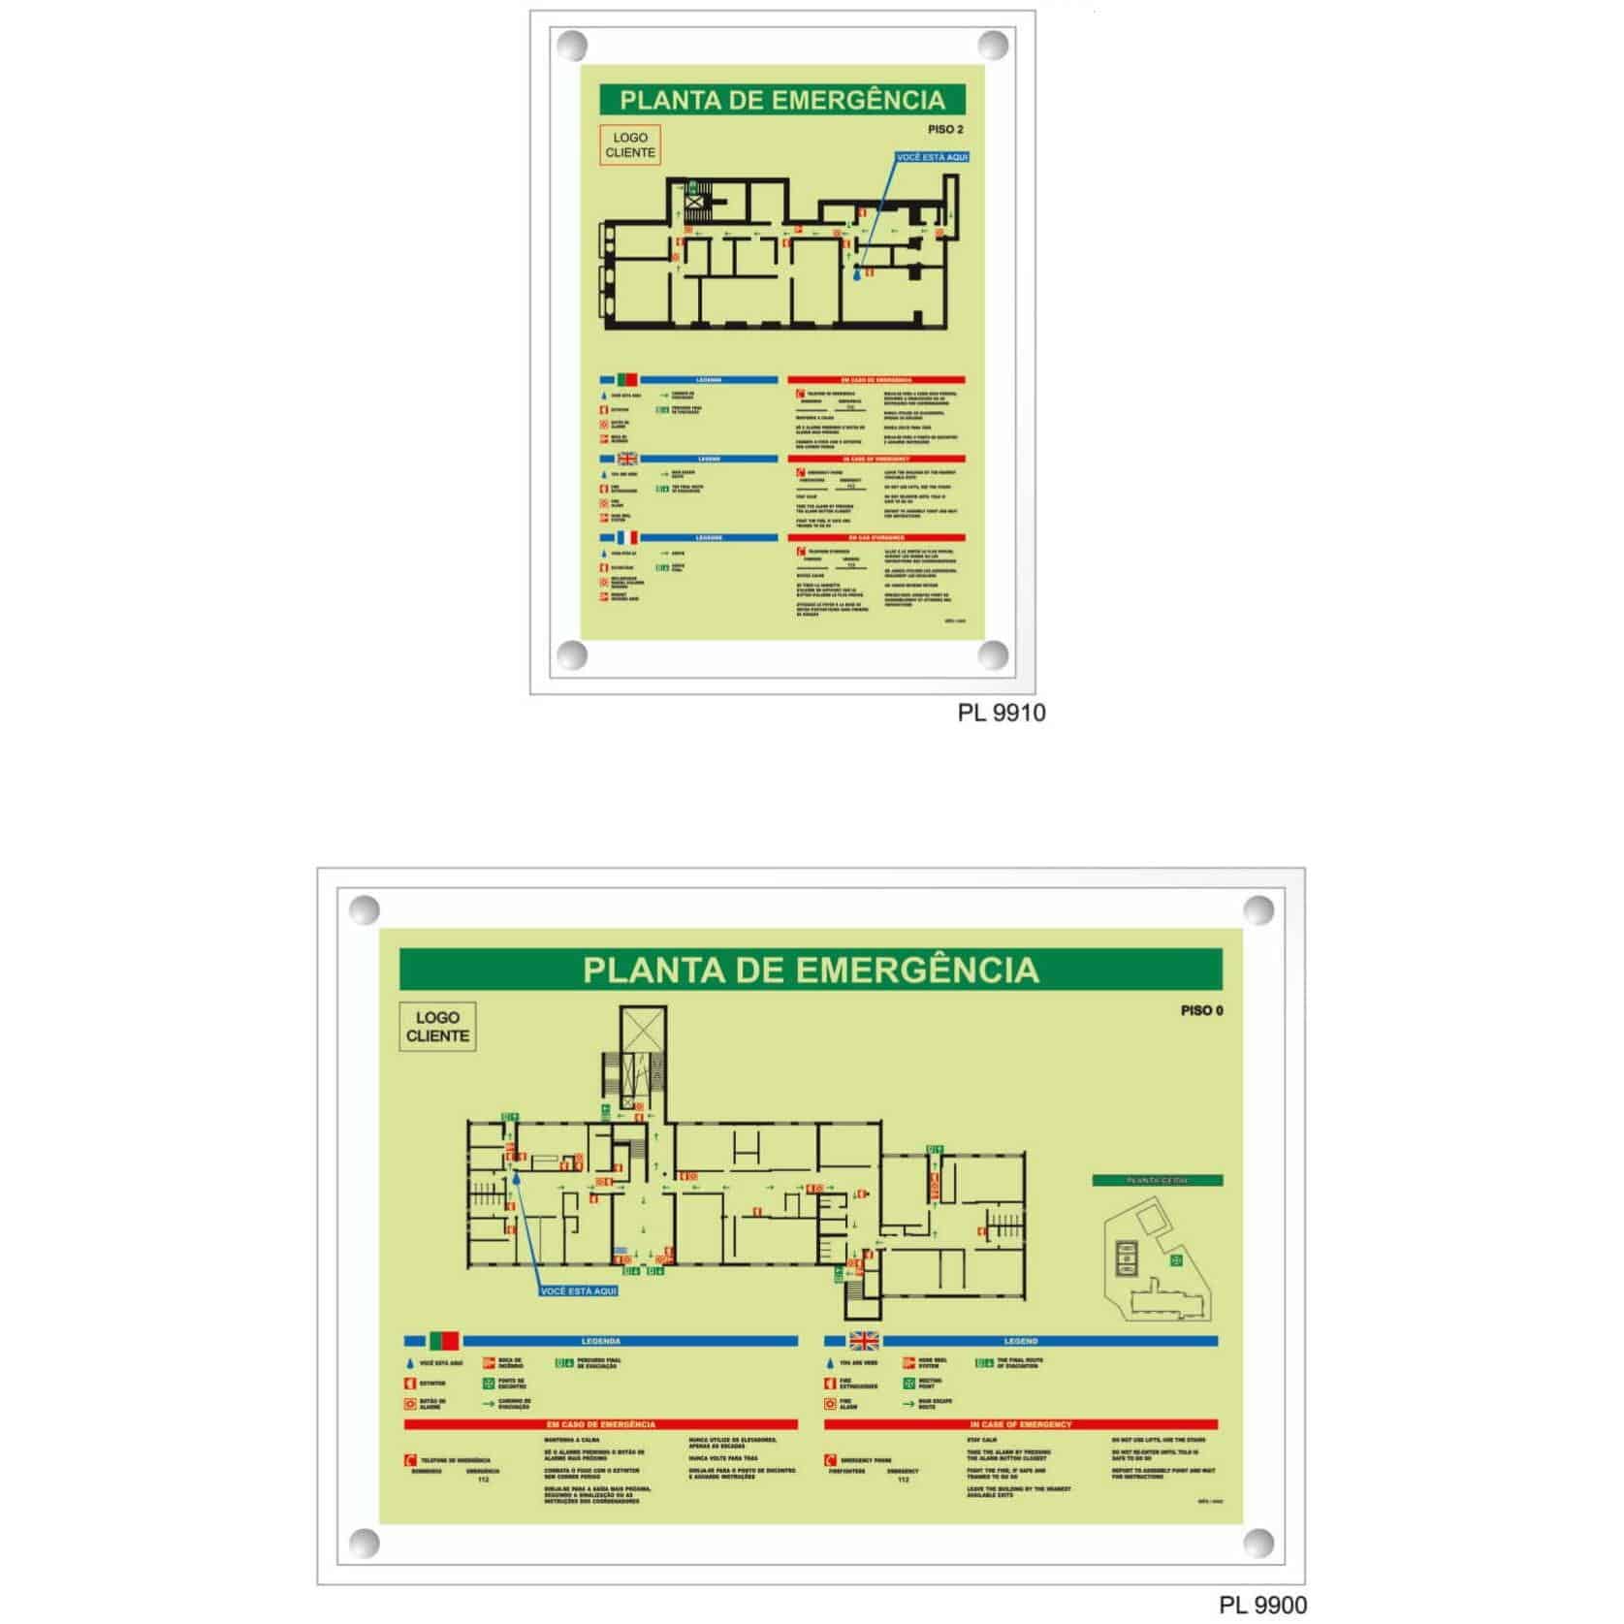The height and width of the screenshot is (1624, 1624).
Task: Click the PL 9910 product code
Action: (x=1001, y=713)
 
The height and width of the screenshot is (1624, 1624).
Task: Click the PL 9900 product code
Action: (x=1262, y=1605)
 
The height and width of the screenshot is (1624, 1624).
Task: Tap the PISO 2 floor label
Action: (x=945, y=130)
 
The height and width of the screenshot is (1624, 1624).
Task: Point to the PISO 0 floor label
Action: (x=1201, y=1010)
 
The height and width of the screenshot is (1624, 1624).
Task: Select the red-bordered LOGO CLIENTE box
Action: (x=630, y=145)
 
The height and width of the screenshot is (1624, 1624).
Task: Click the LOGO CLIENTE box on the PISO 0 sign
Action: (x=437, y=1027)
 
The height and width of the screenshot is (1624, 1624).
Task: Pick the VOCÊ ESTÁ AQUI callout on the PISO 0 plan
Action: (x=578, y=1291)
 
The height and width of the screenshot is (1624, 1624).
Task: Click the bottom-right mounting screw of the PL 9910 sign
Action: (x=992, y=654)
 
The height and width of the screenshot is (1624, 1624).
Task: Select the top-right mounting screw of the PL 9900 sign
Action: (x=1258, y=911)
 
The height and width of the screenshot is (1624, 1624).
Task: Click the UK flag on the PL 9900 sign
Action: (x=863, y=1341)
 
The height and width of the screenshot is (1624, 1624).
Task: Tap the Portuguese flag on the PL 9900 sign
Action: (x=443, y=1341)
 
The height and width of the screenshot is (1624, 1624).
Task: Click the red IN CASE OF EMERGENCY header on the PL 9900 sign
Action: (x=1020, y=1424)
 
